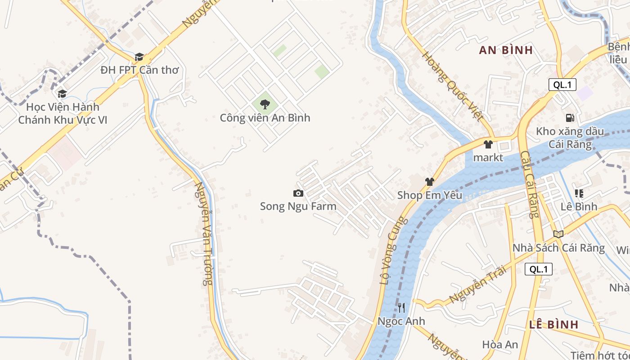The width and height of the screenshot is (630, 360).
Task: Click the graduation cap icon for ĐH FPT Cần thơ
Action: (x=139, y=57)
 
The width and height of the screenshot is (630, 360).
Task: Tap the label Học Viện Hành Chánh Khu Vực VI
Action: (x=63, y=113)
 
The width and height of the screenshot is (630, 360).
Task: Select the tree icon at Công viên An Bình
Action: (x=265, y=105)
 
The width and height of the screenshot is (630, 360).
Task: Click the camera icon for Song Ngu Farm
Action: (x=298, y=193)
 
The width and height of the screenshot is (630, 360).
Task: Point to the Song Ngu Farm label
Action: (x=298, y=207)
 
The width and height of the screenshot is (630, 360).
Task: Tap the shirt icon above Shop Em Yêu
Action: (x=429, y=182)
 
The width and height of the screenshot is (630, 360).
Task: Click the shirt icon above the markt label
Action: (x=488, y=144)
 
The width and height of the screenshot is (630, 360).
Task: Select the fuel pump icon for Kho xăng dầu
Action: (x=570, y=118)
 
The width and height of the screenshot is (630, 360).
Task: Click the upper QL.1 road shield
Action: (x=562, y=85)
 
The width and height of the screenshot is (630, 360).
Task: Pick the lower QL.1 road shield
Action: (x=538, y=269)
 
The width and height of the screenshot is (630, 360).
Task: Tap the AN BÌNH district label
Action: (x=506, y=50)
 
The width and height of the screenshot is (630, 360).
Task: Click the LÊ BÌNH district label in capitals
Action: (x=553, y=324)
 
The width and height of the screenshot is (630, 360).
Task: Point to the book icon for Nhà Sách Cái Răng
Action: (x=558, y=234)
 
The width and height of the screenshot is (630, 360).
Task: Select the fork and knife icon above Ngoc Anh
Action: (x=401, y=308)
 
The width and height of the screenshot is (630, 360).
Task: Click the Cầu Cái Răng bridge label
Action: (x=529, y=184)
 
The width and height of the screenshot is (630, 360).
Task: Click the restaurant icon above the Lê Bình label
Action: (x=579, y=193)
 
